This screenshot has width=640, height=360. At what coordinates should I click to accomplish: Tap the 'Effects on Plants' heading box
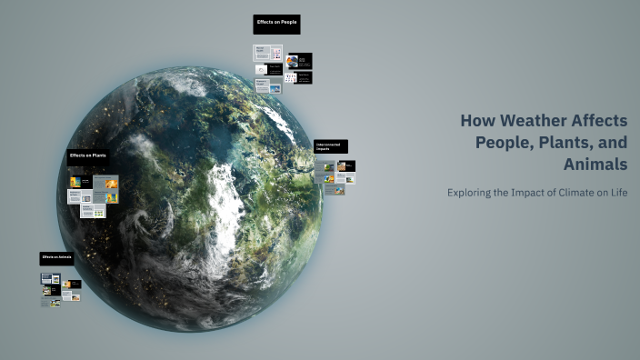pyautogui.click(x=90, y=156)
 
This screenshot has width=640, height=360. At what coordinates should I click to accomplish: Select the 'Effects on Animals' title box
pyautogui.click(x=57, y=259)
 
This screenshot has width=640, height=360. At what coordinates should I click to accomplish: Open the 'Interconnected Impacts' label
pyautogui.click(x=330, y=146)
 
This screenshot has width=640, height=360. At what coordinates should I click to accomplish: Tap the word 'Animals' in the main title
pyautogui.click(x=595, y=165)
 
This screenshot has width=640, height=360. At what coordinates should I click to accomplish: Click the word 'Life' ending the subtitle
pyautogui.click(x=618, y=193)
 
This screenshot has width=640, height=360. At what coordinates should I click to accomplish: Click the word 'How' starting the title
pyautogui.click(x=475, y=121)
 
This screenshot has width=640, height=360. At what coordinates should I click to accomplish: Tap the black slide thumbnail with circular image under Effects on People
pyautogui.click(x=298, y=62)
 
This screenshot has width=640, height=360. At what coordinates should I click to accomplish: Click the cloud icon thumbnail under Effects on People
pyautogui.click(x=262, y=69)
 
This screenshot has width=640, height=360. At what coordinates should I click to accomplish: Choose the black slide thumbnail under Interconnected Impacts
pyautogui.click(x=346, y=165)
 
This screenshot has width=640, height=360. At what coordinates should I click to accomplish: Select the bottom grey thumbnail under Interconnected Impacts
pyautogui.click(x=333, y=190)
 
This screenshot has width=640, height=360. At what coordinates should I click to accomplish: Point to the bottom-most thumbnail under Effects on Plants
pyautogui.click(x=92, y=211)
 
